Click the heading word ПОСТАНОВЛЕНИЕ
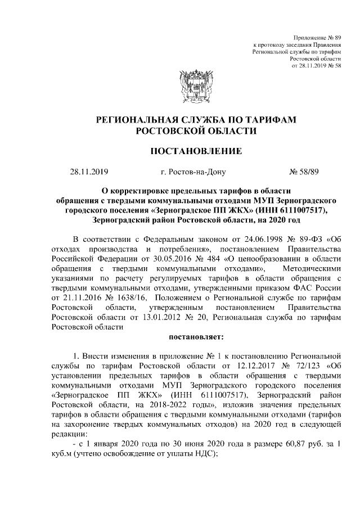click(x=196, y=151)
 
